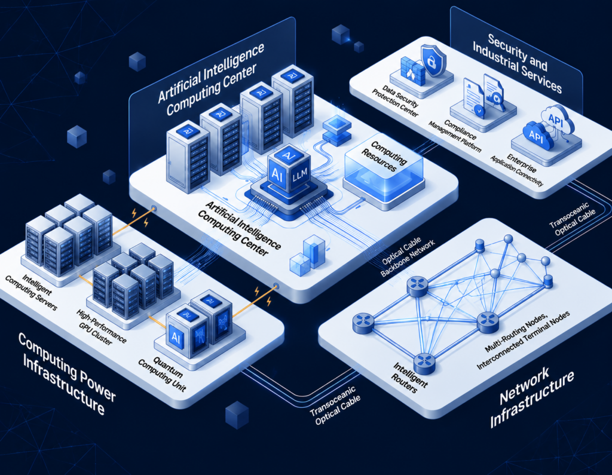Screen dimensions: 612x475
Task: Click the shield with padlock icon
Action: pos(433,60)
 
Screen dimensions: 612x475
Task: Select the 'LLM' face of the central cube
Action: pos(300,174)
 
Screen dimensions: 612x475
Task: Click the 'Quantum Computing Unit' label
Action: pos(163,373)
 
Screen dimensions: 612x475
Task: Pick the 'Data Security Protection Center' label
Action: pos(394,101)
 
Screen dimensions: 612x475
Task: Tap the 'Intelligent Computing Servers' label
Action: pos(31,292)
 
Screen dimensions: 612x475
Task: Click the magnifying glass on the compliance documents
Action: pos(495,100)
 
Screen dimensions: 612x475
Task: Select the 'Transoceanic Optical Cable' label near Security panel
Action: pos(573,219)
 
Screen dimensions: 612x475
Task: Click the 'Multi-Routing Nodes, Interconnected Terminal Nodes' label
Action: pos(522,339)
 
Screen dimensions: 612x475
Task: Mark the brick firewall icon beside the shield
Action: pos(412,71)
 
